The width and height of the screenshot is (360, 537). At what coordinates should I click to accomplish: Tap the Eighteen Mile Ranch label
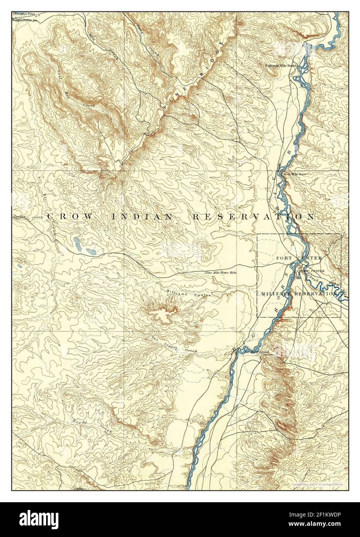coord(281,66)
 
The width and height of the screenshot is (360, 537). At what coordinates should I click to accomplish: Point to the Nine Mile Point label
coord(295,175)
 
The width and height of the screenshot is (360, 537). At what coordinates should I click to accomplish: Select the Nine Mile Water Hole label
coord(220,273)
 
